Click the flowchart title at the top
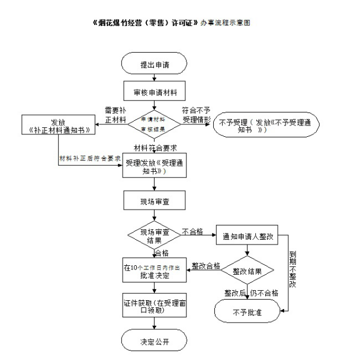(172, 24)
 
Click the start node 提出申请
(154, 63)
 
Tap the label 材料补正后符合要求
(90, 159)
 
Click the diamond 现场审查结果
(154, 235)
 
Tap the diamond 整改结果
(248, 270)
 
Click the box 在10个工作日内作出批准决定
(155, 271)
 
